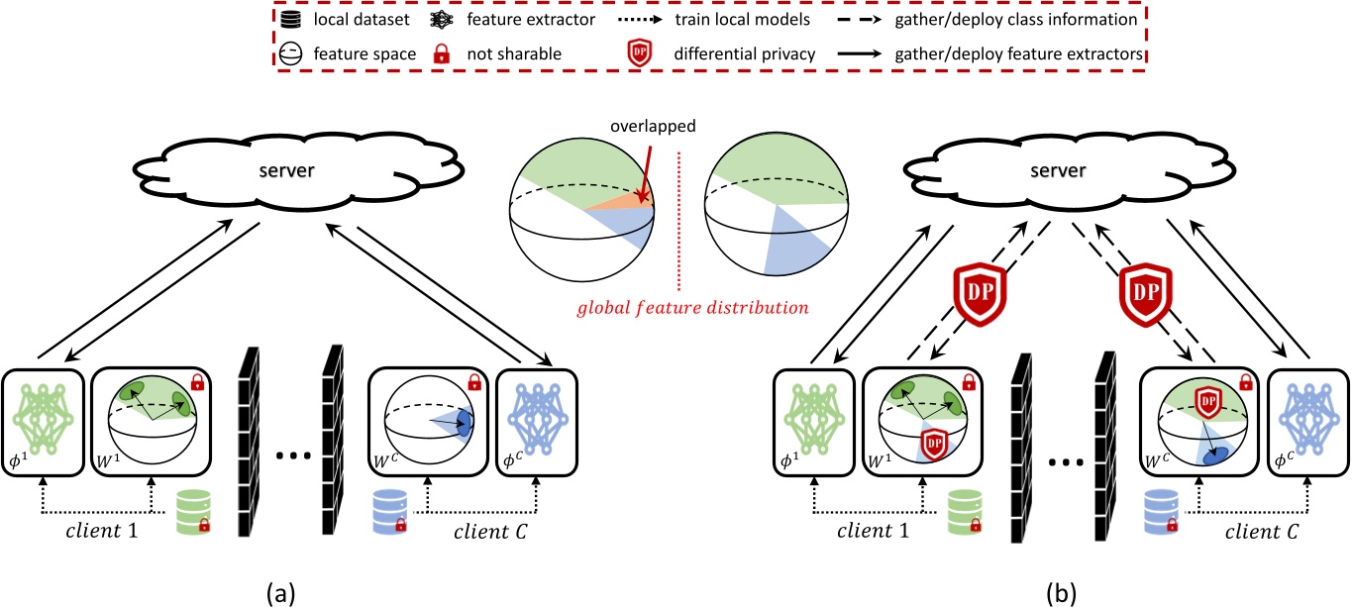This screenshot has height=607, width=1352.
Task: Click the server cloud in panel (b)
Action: (x=1070, y=171)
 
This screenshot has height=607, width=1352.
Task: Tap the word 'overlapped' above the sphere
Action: (x=653, y=126)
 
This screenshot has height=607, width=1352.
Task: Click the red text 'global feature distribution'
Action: (x=692, y=308)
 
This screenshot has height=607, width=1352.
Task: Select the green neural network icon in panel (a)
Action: (x=43, y=420)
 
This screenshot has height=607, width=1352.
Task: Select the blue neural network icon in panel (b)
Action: (x=1309, y=420)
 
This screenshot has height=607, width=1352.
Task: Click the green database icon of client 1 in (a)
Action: (x=193, y=512)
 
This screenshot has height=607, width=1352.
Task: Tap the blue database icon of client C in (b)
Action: (x=1161, y=512)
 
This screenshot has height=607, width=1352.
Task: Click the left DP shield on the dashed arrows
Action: (x=980, y=294)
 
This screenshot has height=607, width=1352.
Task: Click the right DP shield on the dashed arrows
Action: (x=1146, y=294)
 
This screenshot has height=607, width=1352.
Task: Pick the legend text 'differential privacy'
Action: (x=745, y=54)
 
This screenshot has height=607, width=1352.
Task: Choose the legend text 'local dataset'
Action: (x=361, y=19)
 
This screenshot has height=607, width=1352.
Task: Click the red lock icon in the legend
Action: (x=442, y=53)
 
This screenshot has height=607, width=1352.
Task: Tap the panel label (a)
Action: (x=280, y=594)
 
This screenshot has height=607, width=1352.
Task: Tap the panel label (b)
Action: (x=1061, y=594)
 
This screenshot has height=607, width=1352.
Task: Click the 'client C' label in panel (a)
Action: (x=490, y=532)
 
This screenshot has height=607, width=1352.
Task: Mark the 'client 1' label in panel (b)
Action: (x=873, y=531)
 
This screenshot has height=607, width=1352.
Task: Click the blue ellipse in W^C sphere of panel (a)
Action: (x=464, y=423)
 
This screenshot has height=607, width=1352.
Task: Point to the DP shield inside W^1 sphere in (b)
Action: (x=934, y=445)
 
